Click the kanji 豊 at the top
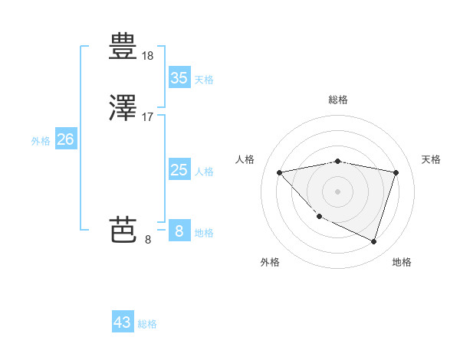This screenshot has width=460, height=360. (x=123, y=47)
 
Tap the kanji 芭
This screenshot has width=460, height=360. (x=123, y=229)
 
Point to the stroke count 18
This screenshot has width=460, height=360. (x=148, y=55)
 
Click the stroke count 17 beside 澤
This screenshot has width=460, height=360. (x=148, y=117)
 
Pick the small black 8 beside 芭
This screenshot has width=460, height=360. (x=148, y=239)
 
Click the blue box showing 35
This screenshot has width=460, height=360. (x=179, y=78)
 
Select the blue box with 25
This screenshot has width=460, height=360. (x=179, y=170)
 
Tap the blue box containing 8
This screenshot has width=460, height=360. (x=179, y=231)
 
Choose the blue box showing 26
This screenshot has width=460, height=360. (x=65, y=139)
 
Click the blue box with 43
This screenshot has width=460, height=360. (x=123, y=322)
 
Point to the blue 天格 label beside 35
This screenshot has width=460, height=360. (x=204, y=80)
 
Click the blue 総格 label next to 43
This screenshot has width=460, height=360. (x=147, y=324)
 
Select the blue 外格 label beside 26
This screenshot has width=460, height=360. (x=41, y=141)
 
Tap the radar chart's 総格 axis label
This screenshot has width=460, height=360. (x=338, y=100)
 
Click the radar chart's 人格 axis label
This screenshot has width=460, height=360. (x=245, y=159)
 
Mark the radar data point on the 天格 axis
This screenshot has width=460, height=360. (x=396, y=172)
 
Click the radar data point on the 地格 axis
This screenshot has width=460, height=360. (x=374, y=242)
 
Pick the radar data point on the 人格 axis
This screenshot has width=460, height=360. (x=280, y=172)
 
